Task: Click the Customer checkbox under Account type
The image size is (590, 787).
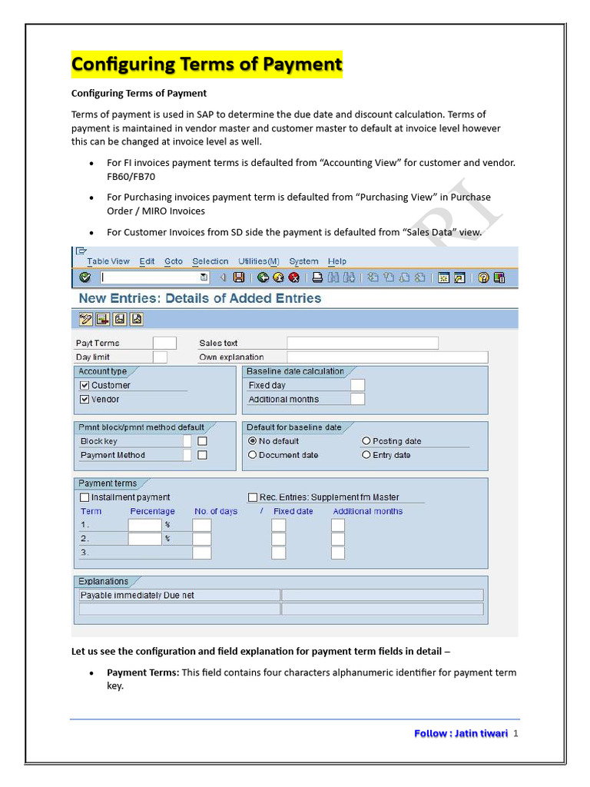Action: coord(85,385)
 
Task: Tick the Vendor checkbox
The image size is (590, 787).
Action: coord(85,400)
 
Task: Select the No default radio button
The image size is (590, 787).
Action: coord(252,441)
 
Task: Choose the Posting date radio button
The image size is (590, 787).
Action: coord(366,441)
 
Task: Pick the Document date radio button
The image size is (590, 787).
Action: coord(252,455)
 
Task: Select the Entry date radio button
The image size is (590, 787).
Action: coord(366,455)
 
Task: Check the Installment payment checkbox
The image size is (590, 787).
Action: coord(85,497)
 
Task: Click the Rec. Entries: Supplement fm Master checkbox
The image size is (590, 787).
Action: coord(253,497)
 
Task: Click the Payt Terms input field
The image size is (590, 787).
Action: coord(164,343)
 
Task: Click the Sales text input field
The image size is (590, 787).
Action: coord(362,343)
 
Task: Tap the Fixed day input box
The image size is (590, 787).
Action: coord(357,385)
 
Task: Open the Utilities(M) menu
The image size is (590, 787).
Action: coord(258,261)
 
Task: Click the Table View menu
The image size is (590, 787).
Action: coord(108,261)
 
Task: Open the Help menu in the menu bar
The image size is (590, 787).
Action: coord(337,261)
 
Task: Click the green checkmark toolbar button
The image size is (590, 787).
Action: coord(85,277)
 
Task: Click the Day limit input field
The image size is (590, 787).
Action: coord(160,357)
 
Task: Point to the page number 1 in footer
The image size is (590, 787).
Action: coord(516,733)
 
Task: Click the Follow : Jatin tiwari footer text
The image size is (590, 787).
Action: coord(461,733)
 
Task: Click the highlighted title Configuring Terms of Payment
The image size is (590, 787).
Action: coord(207,65)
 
